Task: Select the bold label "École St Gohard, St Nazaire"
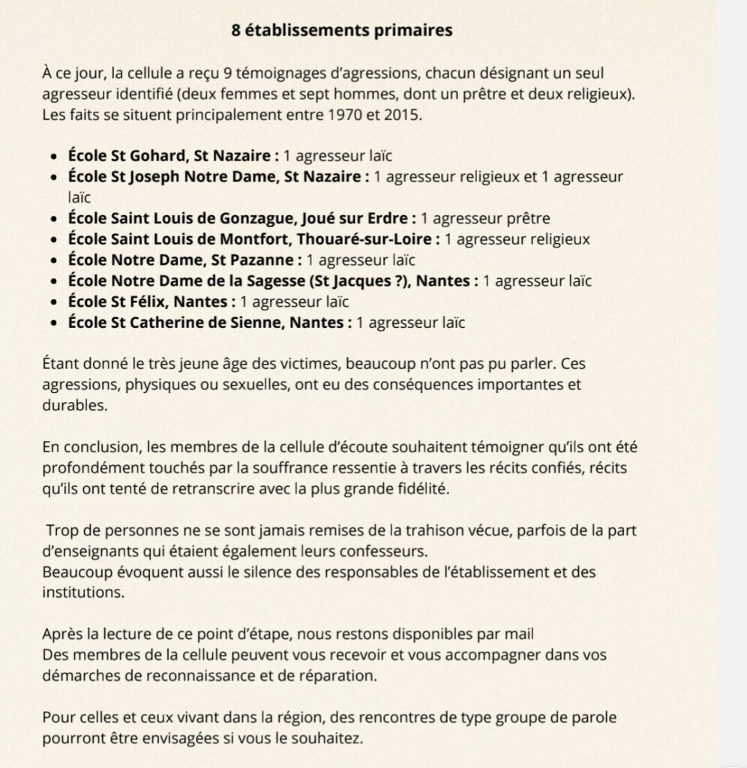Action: [172, 156]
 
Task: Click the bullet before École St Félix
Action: [53, 302]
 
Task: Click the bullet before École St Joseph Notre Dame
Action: [53, 177]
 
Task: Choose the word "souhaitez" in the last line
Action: [334, 737]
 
